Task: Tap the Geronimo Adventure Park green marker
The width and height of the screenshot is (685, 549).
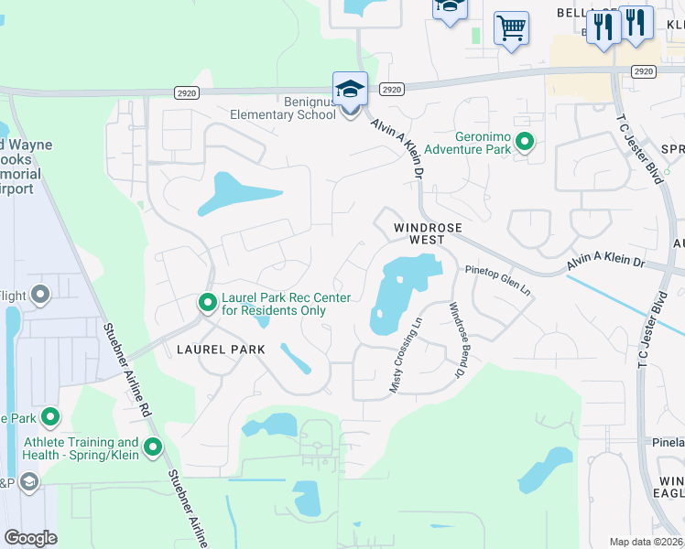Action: coord(525,142)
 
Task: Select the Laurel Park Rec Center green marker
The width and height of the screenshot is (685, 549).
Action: coord(208,301)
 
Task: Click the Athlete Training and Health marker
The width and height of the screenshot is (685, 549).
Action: coord(153,447)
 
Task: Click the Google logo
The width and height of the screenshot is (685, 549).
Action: coord(29,537)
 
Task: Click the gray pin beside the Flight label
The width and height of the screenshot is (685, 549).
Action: coord(40,294)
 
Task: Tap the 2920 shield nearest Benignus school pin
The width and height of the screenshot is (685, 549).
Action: coord(391,89)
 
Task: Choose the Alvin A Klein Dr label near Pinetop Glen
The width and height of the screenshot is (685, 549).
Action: coord(605,261)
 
